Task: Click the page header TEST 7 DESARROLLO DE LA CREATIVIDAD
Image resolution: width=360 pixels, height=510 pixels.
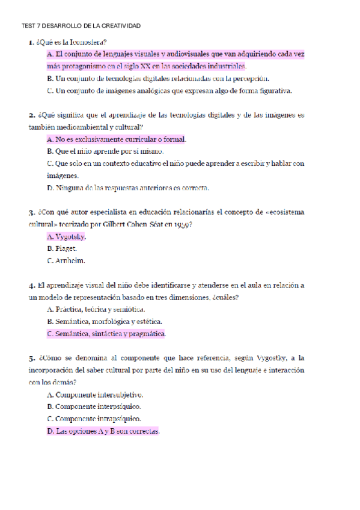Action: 81,26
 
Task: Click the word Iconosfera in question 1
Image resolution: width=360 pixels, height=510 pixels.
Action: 88,42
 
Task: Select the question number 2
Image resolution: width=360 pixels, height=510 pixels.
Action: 31,115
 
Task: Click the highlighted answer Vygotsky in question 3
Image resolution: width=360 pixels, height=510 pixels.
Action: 66,236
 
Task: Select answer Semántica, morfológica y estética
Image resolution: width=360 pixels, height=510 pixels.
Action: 104,322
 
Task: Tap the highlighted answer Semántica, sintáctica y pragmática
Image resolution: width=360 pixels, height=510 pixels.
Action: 106,334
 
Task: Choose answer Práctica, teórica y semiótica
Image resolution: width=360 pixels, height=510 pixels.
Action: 96,310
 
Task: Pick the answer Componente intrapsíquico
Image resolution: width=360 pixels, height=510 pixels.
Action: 94,419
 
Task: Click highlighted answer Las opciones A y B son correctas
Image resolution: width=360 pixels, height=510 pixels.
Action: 103,431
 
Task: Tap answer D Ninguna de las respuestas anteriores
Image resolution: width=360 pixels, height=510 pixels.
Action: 127,188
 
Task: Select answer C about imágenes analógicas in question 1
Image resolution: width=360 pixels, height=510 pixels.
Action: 169,91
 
